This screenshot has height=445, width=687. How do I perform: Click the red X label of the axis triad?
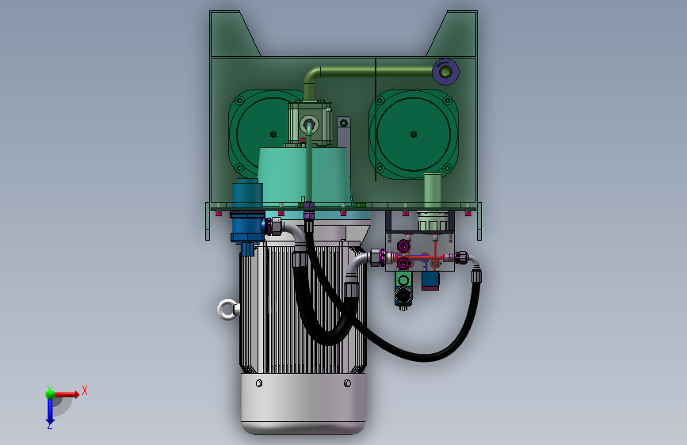tap(85, 390)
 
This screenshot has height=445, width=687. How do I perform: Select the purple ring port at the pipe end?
tap(445, 71)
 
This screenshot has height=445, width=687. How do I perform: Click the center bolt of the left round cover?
tap(273, 134)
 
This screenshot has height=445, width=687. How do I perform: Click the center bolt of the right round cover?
tap(413, 134)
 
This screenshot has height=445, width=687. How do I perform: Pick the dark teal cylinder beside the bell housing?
tap(247, 193)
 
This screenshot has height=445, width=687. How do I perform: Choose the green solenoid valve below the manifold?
tap(403, 289)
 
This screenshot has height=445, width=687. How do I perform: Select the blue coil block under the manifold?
tap(430, 280)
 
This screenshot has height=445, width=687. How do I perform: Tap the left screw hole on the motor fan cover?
tap(259, 383)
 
